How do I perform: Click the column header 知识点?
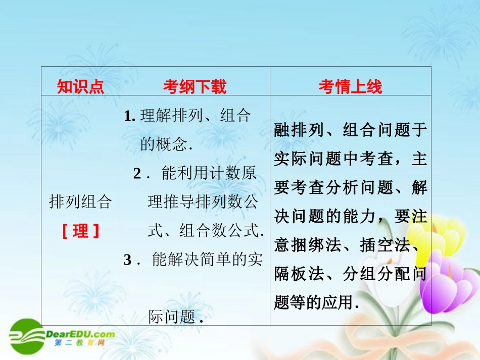coord(80,87)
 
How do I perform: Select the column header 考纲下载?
coord(195,87)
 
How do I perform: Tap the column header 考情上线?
coord(350,87)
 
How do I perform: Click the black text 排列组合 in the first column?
coord(80,202)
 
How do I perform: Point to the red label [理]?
coord(80,231)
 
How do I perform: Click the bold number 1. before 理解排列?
coord(129,116)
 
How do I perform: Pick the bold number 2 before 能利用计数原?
coord(137,174)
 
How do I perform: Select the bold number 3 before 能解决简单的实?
coord(128,260)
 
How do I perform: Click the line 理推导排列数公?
coord(203,202)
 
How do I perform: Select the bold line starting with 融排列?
coord(351,130)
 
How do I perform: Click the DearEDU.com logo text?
coord(81,334)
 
